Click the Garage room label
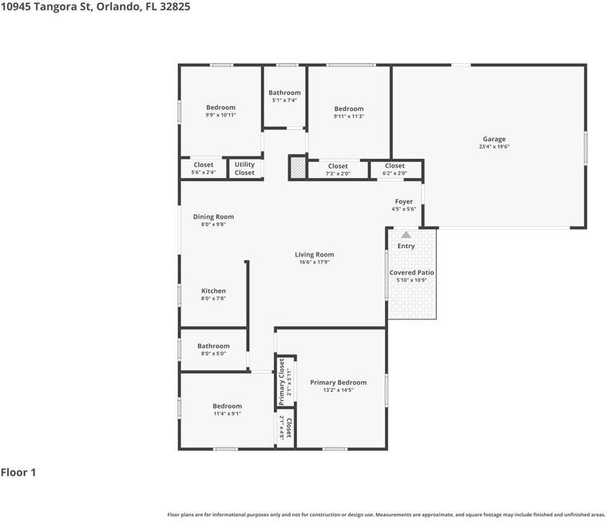[494, 139]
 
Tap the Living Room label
[315, 255]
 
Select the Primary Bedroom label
[338, 382]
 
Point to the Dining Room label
[213, 216]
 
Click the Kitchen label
[213, 291]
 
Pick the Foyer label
[403, 202]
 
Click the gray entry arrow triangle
[406, 235]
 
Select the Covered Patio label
[411, 272]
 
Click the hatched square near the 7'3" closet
[297, 168]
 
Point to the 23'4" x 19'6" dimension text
[494, 147]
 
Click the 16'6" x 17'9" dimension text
[315, 262]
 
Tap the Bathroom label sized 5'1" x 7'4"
[284, 93]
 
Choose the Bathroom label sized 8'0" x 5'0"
[213, 346]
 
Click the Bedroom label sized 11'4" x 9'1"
[227, 406]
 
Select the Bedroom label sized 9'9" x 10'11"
[220, 108]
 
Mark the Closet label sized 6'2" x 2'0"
[395, 166]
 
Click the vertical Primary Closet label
[282, 381]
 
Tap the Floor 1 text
[18, 473]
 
